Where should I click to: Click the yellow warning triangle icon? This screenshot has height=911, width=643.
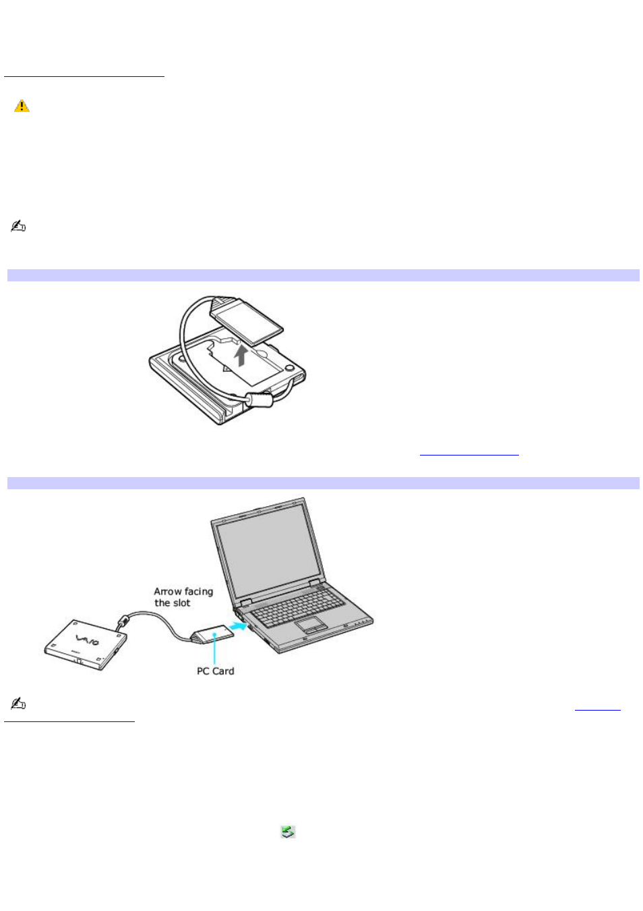coord(22,106)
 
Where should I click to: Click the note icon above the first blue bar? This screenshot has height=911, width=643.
coord(18,227)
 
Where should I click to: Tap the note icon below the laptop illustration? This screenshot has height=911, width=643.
coord(18,704)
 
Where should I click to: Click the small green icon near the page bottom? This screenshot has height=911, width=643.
coord(288,832)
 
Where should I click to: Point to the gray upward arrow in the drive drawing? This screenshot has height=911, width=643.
coord(241,355)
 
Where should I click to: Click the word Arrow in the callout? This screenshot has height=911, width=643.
coord(167,592)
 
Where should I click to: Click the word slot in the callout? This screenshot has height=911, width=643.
coord(182,603)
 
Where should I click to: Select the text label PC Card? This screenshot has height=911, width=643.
coord(215,671)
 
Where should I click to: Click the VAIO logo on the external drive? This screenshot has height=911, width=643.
coord(88,640)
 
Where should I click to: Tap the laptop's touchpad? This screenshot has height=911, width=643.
coord(311,623)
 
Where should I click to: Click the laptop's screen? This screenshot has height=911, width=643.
coord(266,547)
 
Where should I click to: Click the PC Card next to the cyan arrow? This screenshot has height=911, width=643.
coord(214,635)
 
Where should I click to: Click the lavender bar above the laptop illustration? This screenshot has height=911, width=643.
coord(323,483)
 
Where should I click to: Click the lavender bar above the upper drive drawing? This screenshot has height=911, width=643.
coord(323,275)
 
